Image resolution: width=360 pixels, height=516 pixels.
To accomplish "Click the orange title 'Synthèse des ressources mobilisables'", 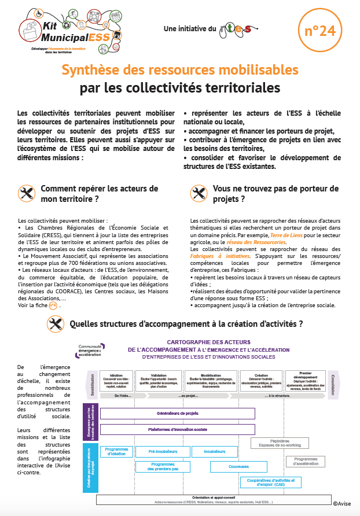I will pyautogui.click(x=180, y=70).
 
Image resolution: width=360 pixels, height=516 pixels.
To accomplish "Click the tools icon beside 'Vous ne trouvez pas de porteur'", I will pyautogui.click(x=199, y=193).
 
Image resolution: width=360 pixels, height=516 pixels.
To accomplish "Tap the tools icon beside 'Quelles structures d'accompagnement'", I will pyautogui.click(x=56, y=325).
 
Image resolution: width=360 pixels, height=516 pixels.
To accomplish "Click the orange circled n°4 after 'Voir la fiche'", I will pyautogui.click(x=53, y=305).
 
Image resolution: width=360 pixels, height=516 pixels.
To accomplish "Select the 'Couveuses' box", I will pyautogui.click(x=238, y=466).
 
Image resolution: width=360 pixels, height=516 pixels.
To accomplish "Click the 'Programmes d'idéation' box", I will pyautogui.click(x=116, y=451).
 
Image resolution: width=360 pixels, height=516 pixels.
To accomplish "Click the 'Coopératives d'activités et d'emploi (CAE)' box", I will pyautogui.click(x=271, y=482).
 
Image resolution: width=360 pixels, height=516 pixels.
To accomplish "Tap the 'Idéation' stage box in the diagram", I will pyautogui.click(x=116, y=379).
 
